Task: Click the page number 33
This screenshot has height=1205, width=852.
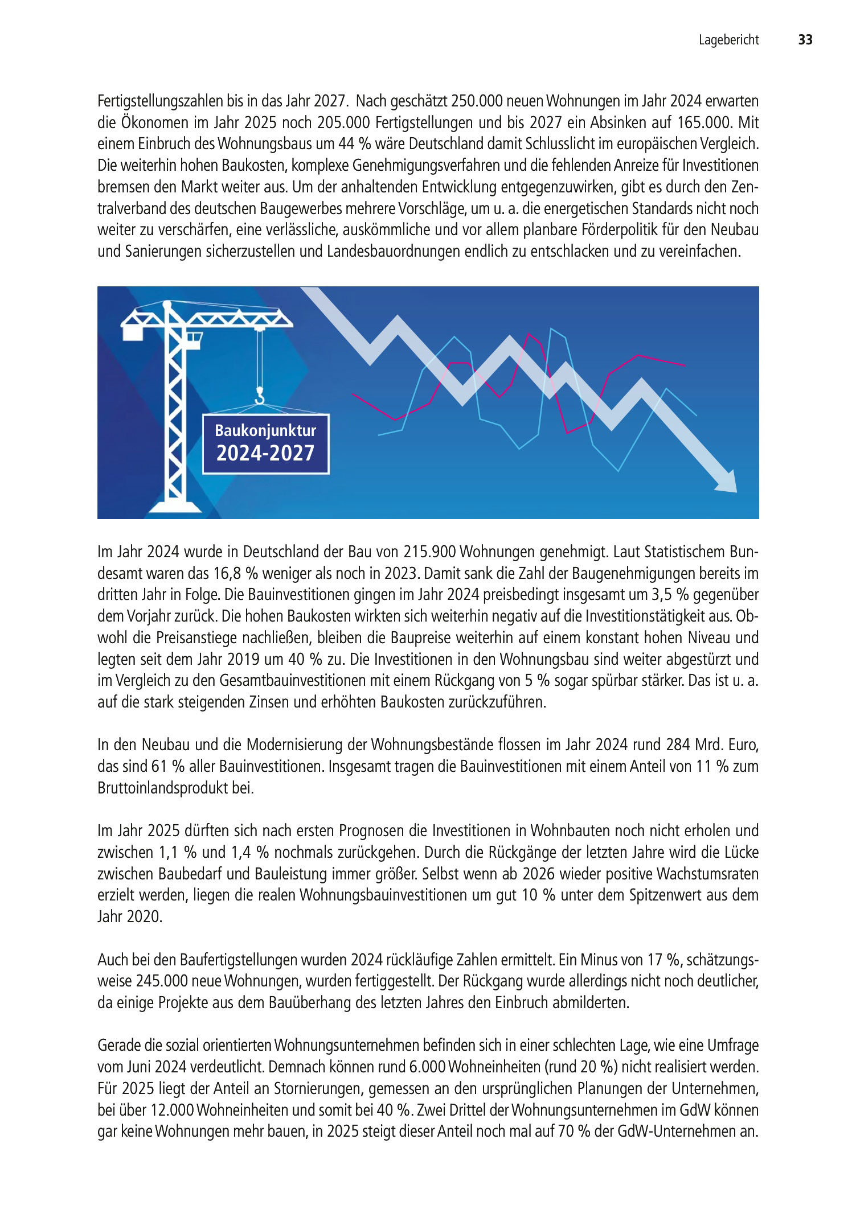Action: click(x=805, y=40)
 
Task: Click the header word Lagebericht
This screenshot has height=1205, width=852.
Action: click(x=728, y=40)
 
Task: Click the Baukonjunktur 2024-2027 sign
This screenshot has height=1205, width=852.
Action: click(x=265, y=443)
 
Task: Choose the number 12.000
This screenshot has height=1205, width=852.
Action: click(x=171, y=1111)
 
